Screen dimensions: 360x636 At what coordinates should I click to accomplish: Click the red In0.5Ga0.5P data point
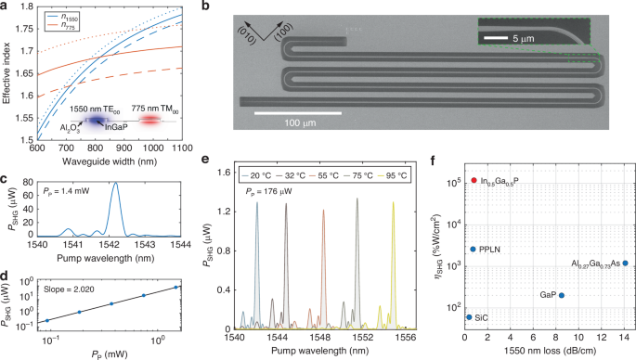click(474, 180)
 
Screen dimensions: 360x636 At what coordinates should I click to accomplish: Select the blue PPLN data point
click(474, 250)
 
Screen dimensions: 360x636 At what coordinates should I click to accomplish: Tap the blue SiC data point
click(469, 317)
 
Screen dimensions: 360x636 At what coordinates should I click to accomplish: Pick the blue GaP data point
click(562, 296)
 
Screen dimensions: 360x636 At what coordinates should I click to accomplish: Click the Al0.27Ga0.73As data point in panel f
click(626, 264)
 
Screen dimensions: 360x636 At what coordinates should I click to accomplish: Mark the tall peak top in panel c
click(115, 183)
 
